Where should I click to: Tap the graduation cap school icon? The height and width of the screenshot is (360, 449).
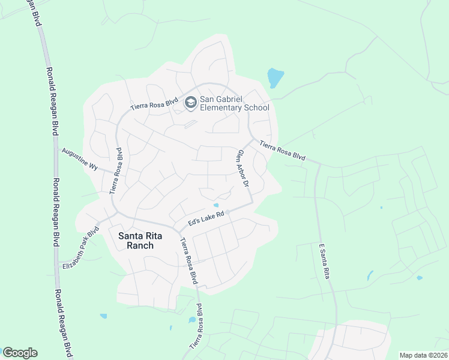pos(190,103)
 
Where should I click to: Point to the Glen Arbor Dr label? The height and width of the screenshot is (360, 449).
pos(243,168)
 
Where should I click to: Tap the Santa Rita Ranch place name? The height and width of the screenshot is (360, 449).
pos(136,240)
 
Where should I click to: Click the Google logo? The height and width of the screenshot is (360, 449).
pos(20,353)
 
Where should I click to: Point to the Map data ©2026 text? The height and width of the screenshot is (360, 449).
pos(423,355)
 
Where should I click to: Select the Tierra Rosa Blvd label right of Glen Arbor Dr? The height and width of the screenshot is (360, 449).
pos(282,151)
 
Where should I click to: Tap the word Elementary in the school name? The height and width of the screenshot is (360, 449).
pos(231,107)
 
